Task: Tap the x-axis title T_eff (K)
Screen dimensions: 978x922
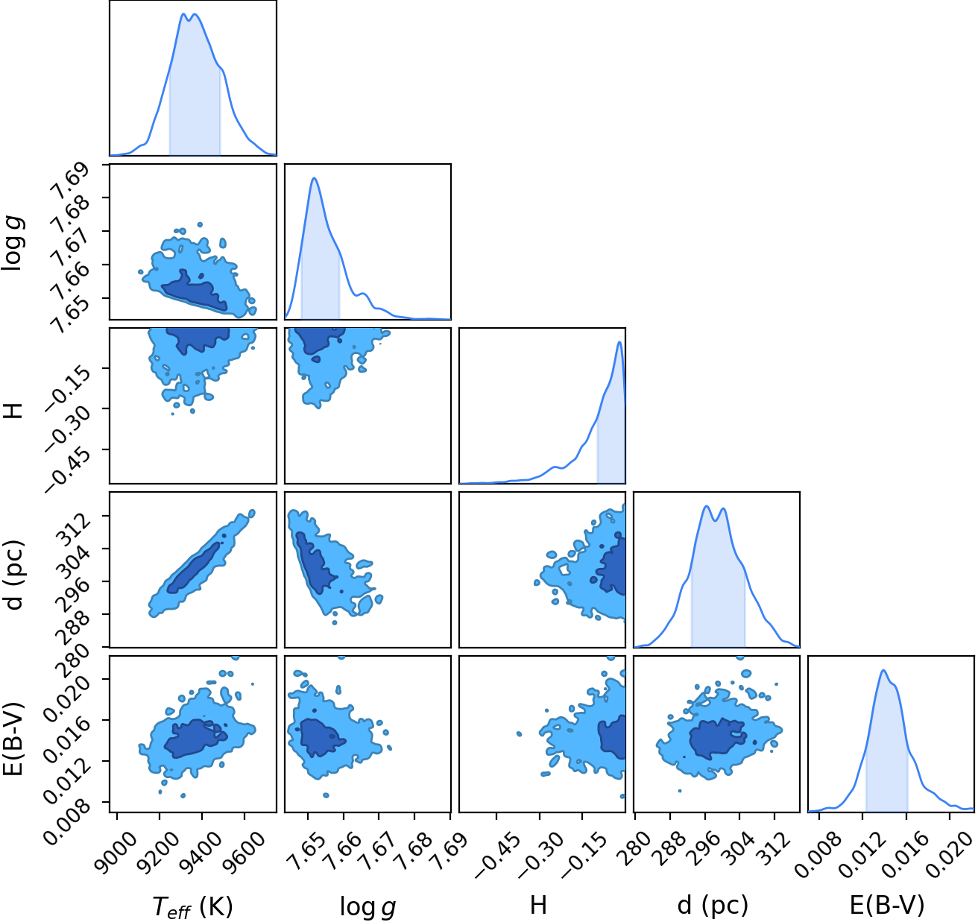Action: pyautogui.click(x=192, y=904)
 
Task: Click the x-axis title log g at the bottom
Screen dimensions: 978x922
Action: pyautogui.click(x=367, y=906)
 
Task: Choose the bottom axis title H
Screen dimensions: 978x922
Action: pyautogui.click(x=538, y=904)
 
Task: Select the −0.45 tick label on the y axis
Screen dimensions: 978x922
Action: pyautogui.click(x=68, y=468)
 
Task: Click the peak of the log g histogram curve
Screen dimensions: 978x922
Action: pyautogui.click(x=314, y=178)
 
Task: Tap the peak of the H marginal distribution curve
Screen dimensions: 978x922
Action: pyautogui.click(x=619, y=342)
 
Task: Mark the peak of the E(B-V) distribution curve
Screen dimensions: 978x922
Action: pyautogui.click(x=883, y=670)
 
